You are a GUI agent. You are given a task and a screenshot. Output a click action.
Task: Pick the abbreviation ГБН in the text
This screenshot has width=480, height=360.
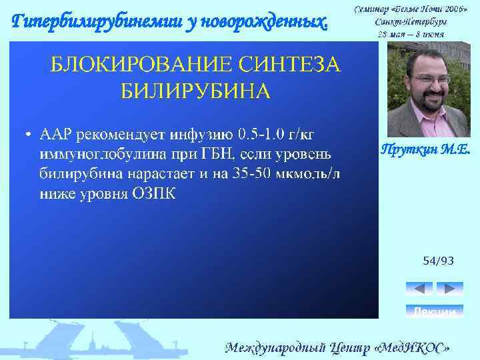[x=216, y=155]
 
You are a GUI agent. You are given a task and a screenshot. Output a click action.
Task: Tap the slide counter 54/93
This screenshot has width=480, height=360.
[x=438, y=261]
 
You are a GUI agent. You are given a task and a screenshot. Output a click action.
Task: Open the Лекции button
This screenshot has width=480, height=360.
[x=434, y=311]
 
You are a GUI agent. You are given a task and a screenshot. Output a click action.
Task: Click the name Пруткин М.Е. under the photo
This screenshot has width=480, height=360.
[x=425, y=150]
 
